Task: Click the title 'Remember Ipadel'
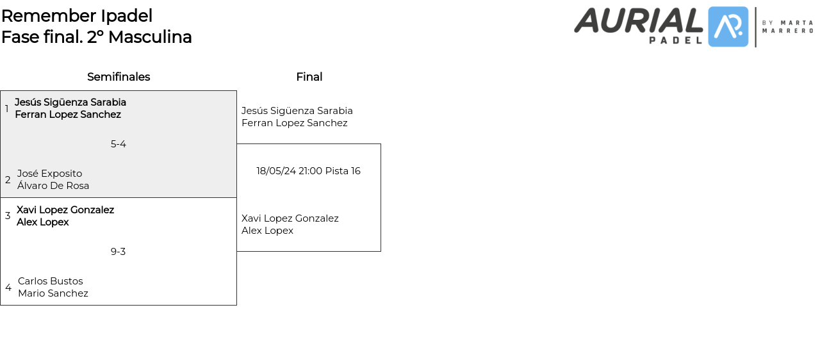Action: pyautogui.click(x=77, y=16)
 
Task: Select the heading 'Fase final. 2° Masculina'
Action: pyautogui.click(x=97, y=37)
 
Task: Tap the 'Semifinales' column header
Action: pyautogui.click(x=119, y=77)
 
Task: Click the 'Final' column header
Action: pyautogui.click(x=309, y=77)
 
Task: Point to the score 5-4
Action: pyautogui.click(x=119, y=144)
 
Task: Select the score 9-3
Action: pyautogui.click(x=119, y=252)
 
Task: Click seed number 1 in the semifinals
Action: pyautogui.click(x=7, y=109)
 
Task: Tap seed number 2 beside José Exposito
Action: pyautogui.click(x=8, y=180)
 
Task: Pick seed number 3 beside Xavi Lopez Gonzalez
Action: pyautogui.click(x=8, y=216)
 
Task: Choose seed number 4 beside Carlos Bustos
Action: pyautogui.click(x=8, y=288)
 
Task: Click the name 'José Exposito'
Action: pyautogui.click(x=49, y=174)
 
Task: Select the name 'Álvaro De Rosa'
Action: pyautogui.click(x=53, y=186)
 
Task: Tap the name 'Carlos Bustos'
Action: pyautogui.click(x=51, y=281)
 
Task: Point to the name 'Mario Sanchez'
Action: pyautogui.click(x=53, y=293)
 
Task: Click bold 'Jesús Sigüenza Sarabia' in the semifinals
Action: pyautogui.click(x=70, y=102)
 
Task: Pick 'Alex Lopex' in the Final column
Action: pyautogui.click(x=267, y=231)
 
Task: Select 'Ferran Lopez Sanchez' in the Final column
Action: pyautogui.click(x=295, y=123)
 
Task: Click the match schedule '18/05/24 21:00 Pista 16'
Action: pyautogui.click(x=309, y=171)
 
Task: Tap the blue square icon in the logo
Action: pyautogui.click(x=728, y=27)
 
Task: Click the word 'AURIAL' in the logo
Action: pyautogui.click(x=639, y=20)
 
